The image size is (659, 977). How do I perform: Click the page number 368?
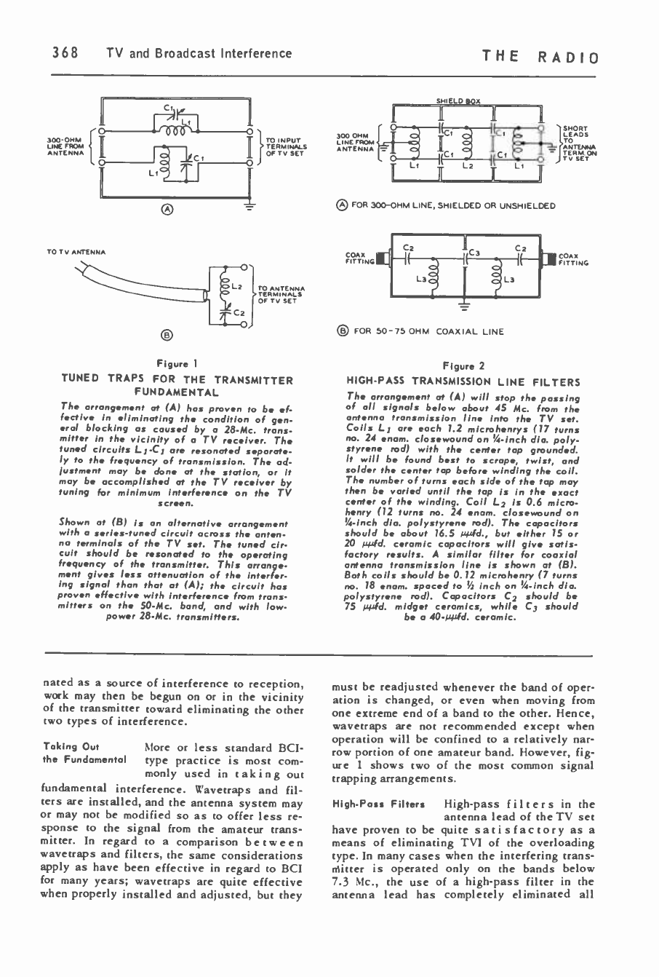tap(65, 53)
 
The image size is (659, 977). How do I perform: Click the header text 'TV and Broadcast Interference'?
tap(199, 53)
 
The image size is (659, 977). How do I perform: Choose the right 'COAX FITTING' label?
tap(574, 258)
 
